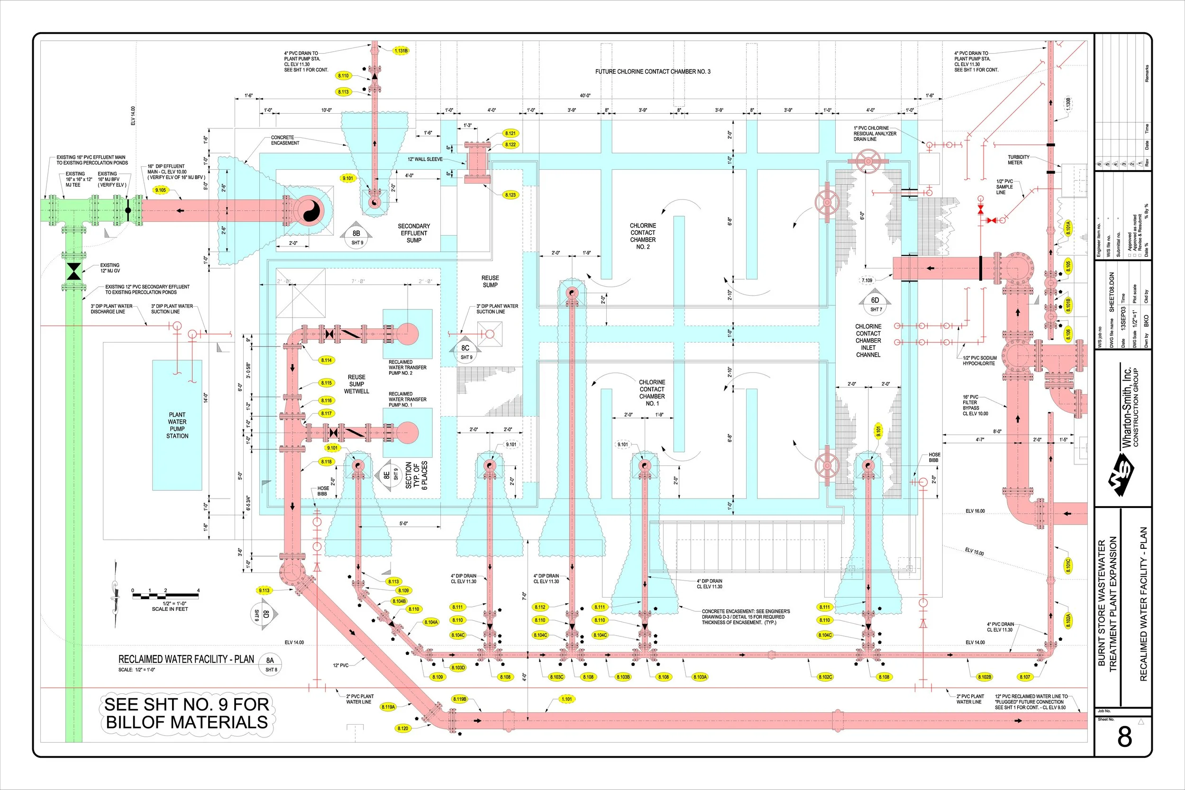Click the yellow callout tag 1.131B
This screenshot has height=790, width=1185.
pyautogui.click(x=401, y=51)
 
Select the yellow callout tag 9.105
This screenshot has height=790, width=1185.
pyautogui.click(x=161, y=190)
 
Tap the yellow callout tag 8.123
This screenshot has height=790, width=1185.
pyautogui.click(x=510, y=194)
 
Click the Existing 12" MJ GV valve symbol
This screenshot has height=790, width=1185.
pyautogui.click(x=74, y=272)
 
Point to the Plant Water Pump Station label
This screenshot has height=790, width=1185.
pyautogui.click(x=177, y=425)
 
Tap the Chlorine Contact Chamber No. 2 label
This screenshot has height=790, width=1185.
pyautogui.click(x=643, y=236)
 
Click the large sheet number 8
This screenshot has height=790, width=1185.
pyautogui.click(x=1124, y=737)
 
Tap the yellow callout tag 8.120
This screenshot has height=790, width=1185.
pyautogui.click(x=402, y=728)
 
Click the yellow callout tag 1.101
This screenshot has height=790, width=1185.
pyautogui.click(x=567, y=699)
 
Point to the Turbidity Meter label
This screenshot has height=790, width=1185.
pyautogui.click(x=1018, y=160)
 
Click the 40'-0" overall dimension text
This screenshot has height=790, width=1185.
pyautogui.click(x=585, y=96)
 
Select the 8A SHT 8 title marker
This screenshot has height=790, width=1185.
pyautogui.click(x=271, y=663)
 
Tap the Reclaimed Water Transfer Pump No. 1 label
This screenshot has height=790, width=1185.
pyautogui.click(x=407, y=400)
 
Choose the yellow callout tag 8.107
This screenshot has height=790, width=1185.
pyautogui.click(x=1025, y=677)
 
